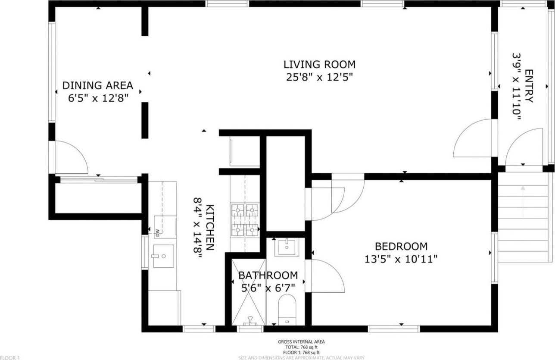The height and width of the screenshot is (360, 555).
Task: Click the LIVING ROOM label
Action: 319,65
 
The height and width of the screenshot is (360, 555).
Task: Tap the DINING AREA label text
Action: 98,85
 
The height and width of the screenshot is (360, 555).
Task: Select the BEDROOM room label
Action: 401,247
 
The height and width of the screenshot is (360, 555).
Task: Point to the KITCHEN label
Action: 210,227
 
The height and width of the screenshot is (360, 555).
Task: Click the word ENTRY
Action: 529,86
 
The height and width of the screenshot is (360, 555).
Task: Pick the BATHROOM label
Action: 268,275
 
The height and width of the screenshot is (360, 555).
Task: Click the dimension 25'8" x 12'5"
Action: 319,77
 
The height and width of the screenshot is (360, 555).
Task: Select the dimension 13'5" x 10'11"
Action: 401,260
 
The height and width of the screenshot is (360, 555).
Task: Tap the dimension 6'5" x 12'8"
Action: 98,98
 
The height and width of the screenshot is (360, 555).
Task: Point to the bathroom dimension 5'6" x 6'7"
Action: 268,288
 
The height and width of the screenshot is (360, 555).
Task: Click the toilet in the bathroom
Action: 287,310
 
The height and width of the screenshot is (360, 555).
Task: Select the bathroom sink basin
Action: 287,247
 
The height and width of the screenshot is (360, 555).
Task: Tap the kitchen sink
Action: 163,256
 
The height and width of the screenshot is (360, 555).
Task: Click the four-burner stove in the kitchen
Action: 245,220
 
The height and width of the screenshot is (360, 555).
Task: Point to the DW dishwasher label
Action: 157,232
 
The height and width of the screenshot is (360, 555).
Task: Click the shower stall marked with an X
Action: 249,291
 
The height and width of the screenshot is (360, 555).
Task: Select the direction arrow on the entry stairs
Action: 523,201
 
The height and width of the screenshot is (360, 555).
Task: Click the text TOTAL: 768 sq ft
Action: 301,347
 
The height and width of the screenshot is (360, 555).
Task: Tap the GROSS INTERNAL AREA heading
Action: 301,341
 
